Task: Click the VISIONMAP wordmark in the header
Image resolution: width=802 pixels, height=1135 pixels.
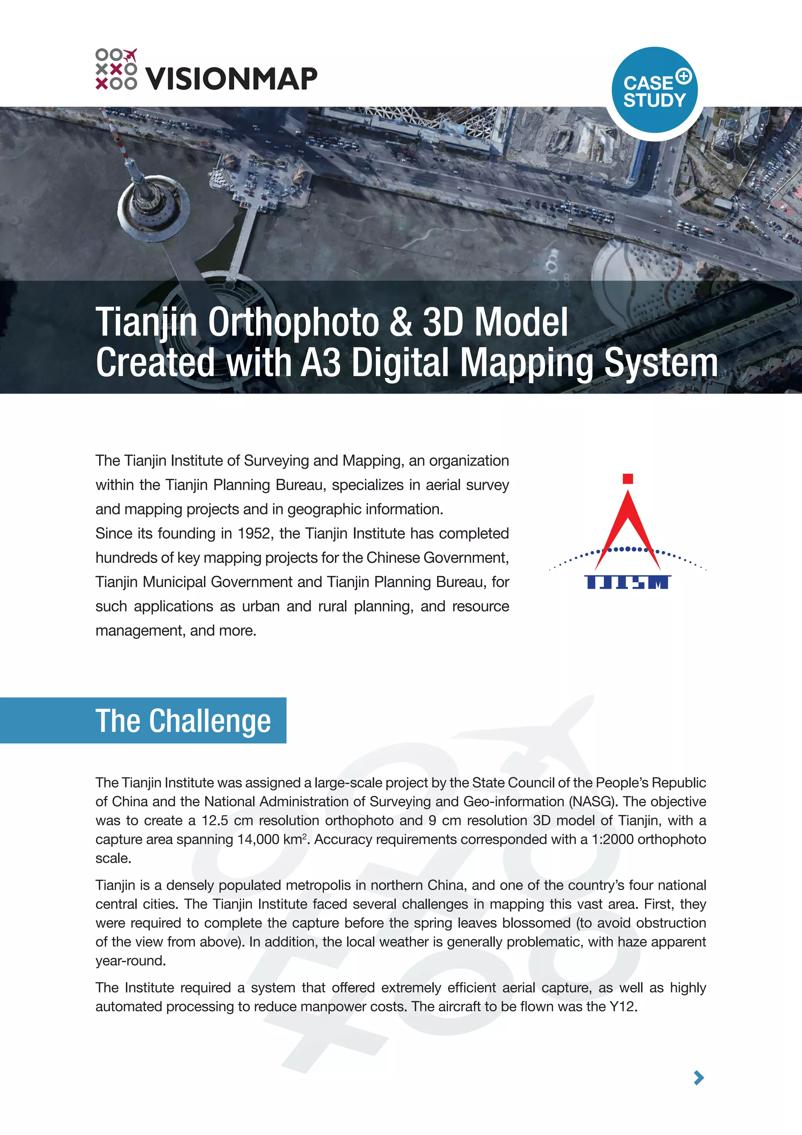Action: (231, 79)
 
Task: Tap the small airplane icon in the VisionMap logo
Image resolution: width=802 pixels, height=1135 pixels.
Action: (130, 54)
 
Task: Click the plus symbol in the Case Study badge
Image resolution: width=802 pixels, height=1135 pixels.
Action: (684, 76)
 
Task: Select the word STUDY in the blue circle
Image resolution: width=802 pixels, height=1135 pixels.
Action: (654, 100)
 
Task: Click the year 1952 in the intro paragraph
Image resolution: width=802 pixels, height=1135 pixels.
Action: (254, 533)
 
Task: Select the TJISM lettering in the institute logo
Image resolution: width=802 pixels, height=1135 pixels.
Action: (627, 582)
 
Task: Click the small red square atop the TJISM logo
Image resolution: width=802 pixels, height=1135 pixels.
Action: (628, 479)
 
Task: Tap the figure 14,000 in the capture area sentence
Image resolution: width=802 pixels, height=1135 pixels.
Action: (258, 839)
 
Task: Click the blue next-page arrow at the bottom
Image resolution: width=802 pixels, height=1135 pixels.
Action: (699, 1078)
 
